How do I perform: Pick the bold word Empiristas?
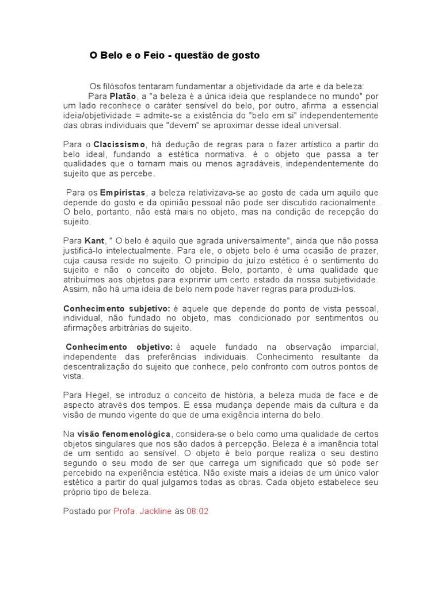pyautogui.click(x=123, y=192)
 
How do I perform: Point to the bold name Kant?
pyautogui.click(x=94, y=240)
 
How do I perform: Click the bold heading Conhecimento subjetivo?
pyautogui.click(x=115, y=308)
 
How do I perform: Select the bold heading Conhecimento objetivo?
pyautogui.click(x=119, y=347)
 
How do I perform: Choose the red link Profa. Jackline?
pyautogui.click(x=143, y=511)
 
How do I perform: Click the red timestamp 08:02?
pyautogui.click(x=197, y=511)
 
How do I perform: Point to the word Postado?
pyautogui.click(x=79, y=511)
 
